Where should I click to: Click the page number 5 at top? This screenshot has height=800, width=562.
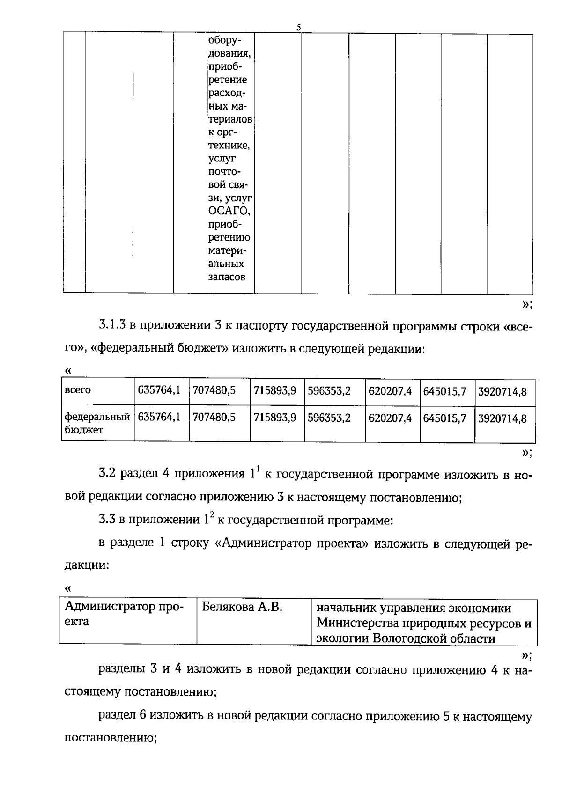298,28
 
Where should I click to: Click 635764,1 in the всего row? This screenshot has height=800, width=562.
159,390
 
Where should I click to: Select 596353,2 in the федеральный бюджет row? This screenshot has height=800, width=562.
329,418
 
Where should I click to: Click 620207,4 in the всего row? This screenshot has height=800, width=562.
390,390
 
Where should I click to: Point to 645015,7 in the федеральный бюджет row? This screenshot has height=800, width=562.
444,418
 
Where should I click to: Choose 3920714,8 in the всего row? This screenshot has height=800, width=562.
502,390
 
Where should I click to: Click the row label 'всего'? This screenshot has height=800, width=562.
78,390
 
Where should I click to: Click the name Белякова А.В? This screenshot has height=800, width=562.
242,608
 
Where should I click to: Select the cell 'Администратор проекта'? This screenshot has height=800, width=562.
124,614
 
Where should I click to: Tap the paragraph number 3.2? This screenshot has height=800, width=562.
107,474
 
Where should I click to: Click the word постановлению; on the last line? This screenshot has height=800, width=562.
110,739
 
